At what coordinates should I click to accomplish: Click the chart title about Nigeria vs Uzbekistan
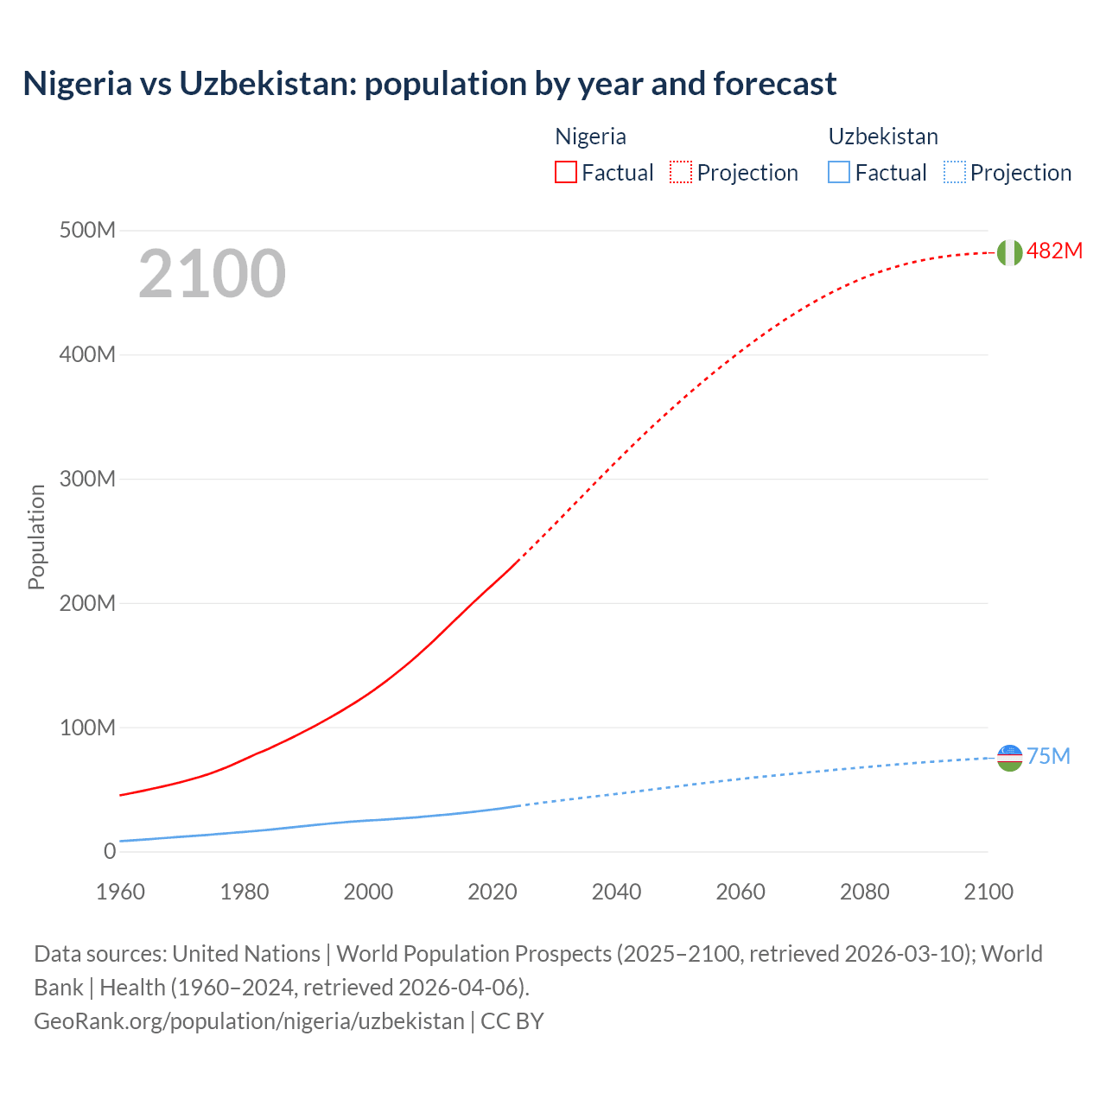click(x=429, y=84)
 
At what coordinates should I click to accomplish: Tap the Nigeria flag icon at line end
click(x=1009, y=252)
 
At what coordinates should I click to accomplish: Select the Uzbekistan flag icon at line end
click(x=1009, y=758)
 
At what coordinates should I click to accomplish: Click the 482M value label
click(x=1054, y=251)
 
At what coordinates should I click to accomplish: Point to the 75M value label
click(x=1048, y=757)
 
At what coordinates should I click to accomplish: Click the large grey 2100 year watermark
click(x=212, y=274)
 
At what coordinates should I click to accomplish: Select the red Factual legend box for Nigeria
click(x=565, y=172)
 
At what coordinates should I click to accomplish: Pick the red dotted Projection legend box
click(x=681, y=172)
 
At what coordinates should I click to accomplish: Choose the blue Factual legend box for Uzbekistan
click(x=838, y=172)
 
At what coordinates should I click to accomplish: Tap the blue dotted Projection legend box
click(x=954, y=172)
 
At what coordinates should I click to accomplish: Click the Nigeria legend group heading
click(x=590, y=137)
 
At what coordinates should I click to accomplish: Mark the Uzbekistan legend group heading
click(x=882, y=137)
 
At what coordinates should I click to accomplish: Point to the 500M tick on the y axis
click(x=87, y=231)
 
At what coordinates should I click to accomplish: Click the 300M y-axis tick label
click(x=87, y=480)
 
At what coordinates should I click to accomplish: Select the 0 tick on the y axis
click(x=110, y=852)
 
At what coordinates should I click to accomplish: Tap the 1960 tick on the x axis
click(x=120, y=892)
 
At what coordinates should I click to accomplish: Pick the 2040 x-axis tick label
click(x=616, y=892)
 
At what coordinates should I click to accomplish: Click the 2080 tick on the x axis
click(x=864, y=892)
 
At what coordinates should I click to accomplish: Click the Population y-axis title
click(x=36, y=537)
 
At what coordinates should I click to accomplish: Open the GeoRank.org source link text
click(x=249, y=1021)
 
